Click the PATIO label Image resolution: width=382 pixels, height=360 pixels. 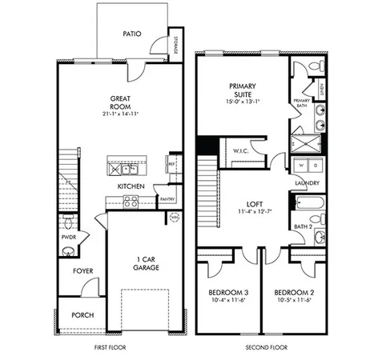pyautogui.click(x=132, y=34)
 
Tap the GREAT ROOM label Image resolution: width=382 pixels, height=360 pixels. pyautogui.click(x=121, y=104)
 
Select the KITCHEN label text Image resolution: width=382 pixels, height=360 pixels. pyautogui.click(x=131, y=186)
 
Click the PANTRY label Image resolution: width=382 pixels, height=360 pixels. pyautogui.click(x=167, y=198)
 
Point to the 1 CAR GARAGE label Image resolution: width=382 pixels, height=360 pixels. pyautogui.click(x=146, y=263)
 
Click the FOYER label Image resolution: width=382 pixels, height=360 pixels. pyautogui.click(x=83, y=271)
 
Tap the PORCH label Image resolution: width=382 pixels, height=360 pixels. pyautogui.click(x=82, y=314)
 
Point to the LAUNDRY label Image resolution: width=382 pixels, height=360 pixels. pyautogui.click(x=308, y=183)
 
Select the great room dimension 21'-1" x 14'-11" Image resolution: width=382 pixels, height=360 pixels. pyautogui.click(x=121, y=114)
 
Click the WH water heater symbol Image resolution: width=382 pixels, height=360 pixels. pyautogui.click(x=174, y=217)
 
